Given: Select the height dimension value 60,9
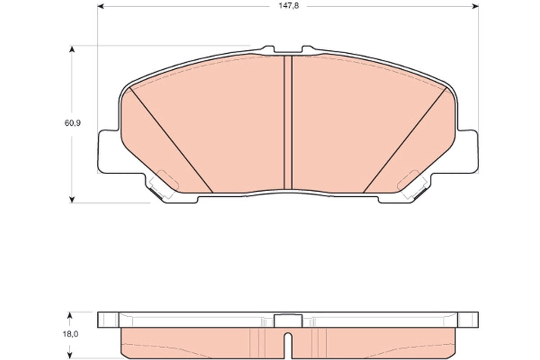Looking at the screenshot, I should point(72,123).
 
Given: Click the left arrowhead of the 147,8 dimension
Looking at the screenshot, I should point(101,6).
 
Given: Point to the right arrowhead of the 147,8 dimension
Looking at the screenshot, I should point(475,6).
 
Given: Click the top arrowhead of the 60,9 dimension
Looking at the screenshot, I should point(71,49).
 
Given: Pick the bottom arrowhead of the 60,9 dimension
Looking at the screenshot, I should point(71,199).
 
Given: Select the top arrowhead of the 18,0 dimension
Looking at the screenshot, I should point(69,316).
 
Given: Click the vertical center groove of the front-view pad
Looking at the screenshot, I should point(288,121).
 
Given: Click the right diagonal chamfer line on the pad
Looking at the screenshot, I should point(405,139).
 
